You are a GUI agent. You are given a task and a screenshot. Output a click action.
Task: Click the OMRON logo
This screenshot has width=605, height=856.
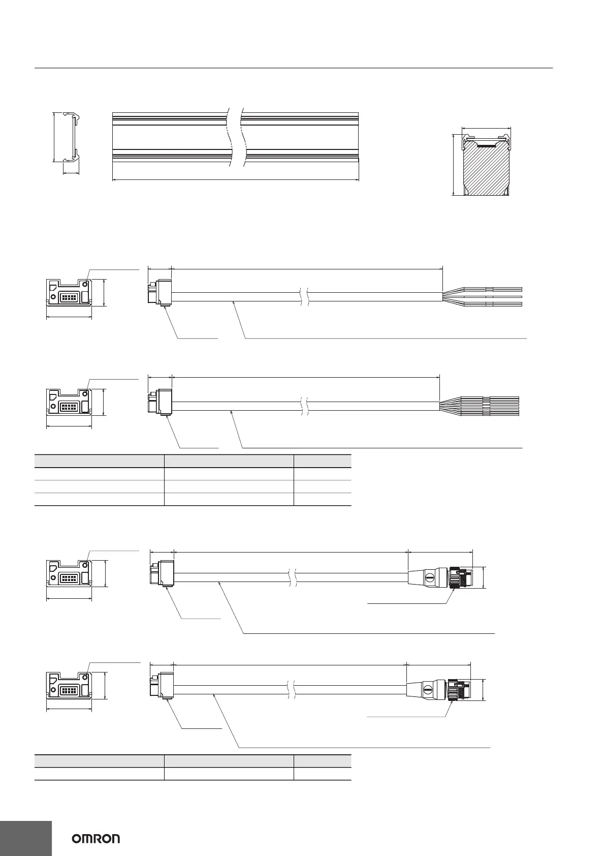(95, 838)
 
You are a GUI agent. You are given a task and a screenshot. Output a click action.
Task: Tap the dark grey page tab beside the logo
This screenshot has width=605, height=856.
(26, 838)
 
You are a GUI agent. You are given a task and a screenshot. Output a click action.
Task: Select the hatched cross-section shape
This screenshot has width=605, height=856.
(486, 169)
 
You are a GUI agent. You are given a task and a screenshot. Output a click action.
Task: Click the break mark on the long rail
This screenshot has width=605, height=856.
(236, 137)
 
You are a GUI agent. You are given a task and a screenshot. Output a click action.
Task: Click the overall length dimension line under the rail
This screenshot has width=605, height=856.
(235, 179)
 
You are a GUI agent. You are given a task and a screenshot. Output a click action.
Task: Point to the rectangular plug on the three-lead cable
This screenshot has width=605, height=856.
(160, 293)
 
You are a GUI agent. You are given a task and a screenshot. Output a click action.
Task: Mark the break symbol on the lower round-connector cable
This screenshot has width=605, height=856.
(292, 690)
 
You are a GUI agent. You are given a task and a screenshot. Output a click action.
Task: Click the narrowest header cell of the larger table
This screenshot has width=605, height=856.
(322, 461)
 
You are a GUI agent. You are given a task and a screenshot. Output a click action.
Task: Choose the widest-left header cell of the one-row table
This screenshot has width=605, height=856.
(99, 761)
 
